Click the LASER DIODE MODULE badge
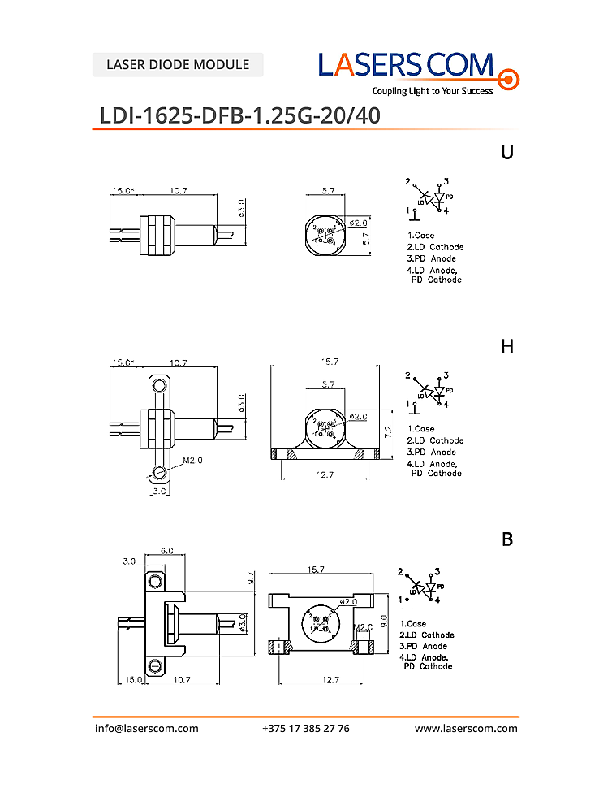point(178,64)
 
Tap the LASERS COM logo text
point(406,64)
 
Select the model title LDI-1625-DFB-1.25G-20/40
point(239,115)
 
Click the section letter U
point(507,152)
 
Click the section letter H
point(507,346)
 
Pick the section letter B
point(507,539)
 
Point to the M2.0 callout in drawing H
point(192,460)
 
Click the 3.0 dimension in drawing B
point(128,561)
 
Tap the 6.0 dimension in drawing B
point(166,550)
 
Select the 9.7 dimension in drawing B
point(252,578)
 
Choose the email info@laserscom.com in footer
point(146,728)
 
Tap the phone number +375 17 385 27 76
point(306,728)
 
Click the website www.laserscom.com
point(466,728)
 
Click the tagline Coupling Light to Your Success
point(433,91)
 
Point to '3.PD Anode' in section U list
point(432,258)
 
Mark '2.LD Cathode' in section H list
point(435,440)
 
